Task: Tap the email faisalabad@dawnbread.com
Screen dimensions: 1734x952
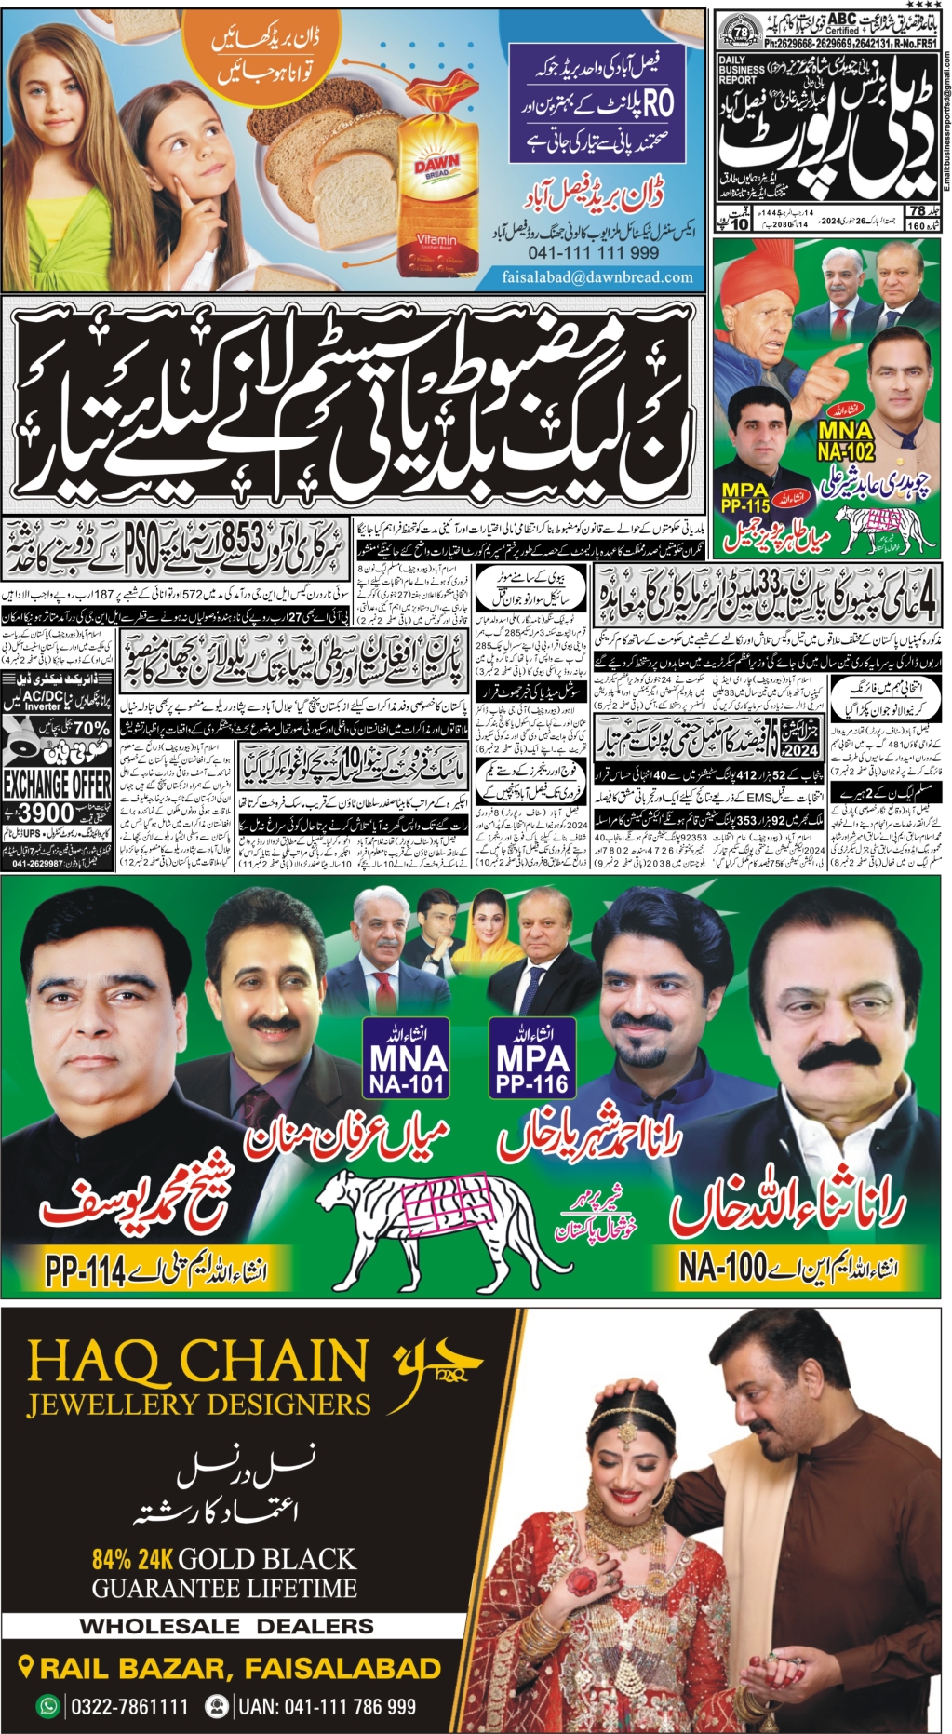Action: pyautogui.click(x=597, y=276)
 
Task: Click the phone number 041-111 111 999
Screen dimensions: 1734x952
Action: pyautogui.click(x=593, y=253)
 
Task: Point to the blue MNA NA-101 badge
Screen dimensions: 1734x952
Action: pyautogui.click(x=407, y=1057)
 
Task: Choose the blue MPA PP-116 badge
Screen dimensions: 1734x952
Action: pyautogui.click(x=531, y=1057)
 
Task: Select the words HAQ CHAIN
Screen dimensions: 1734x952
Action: pyautogui.click(x=197, y=1362)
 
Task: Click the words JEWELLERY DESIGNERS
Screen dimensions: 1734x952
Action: pyautogui.click(x=198, y=1405)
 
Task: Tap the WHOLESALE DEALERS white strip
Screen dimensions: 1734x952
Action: pyautogui.click(x=227, y=1626)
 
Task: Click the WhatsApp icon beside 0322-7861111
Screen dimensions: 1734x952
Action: pyautogui.click(x=47, y=1706)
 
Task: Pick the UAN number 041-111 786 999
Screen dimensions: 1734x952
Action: pyautogui.click(x=326, y=1706)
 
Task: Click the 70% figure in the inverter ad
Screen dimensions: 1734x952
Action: pyautogui.click(x=90, y=728)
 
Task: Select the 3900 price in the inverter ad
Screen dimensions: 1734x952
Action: pyautogui.click(x=47, y=813)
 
